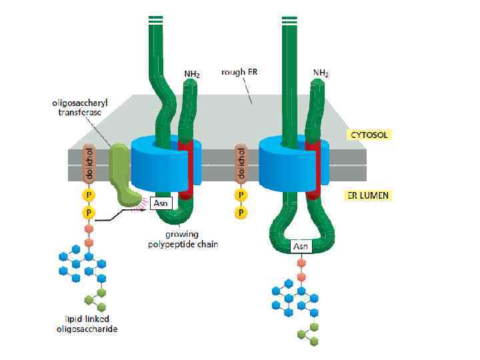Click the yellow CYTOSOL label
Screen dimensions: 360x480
(x=369, y=135)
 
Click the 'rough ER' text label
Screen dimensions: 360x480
(x=237, y=71)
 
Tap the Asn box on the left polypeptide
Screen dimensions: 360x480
(x=161, y=203)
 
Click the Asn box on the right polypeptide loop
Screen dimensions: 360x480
(x=301, y=247)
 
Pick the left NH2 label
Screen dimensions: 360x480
(x=192, y=73)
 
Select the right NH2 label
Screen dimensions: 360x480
(x=321, y=73)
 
